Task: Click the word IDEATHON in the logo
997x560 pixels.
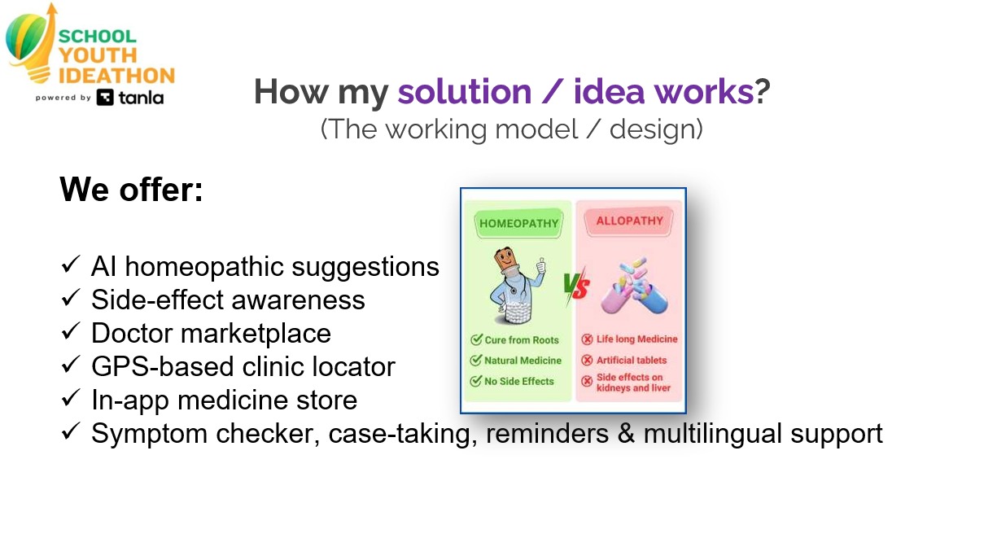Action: click(x=116, y=76)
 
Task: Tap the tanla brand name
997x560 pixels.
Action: click(x=141, y=98)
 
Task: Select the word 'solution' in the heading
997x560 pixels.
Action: click(x=465, y=92)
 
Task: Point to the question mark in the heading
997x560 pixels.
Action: click(x=762, y=92)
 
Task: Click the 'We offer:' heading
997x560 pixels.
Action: click(x=131, y=190)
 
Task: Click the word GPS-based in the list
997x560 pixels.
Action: click(x=163, y=366)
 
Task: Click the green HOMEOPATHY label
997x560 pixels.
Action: click(x=519, y=223)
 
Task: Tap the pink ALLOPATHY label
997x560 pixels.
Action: click(x=629, y=221)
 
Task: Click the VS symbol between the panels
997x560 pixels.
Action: click(x=576, y=287)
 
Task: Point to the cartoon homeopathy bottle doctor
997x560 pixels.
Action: click(x=517, y=286)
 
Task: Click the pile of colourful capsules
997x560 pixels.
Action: click(x=635, y=286)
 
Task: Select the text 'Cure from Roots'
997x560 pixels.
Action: click(x=522, y=340)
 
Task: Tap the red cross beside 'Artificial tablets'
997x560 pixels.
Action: click(x=587, y=360)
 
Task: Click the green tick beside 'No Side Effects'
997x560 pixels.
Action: click(x=476, y=381)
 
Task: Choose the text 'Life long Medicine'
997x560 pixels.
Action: click(x=637, y=339)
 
